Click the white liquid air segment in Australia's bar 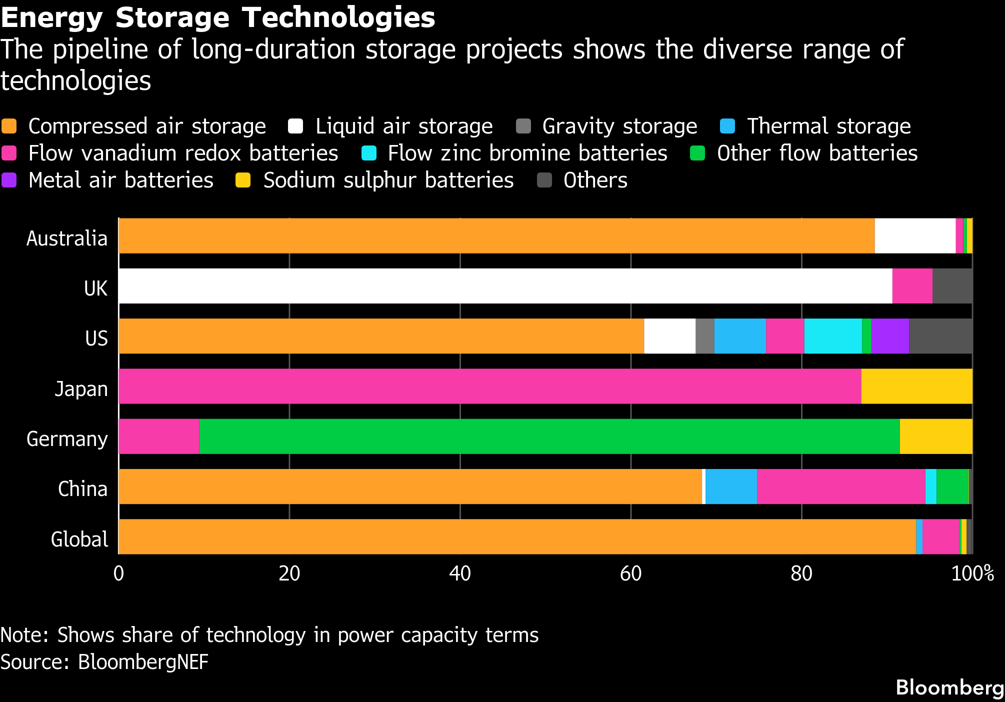click(915, 236)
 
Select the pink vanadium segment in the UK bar click(912, 286)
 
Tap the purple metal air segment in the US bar click(890, 336)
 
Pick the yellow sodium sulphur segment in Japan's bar click(916, 386)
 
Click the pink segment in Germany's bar click(159, 436)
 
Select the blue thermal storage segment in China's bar click(731, 486)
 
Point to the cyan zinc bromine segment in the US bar click(833, 336)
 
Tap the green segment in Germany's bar click(549, 436)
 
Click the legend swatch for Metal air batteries click(9, 180)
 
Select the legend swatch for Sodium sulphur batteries click(243, 180)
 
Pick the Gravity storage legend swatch click(523, 126)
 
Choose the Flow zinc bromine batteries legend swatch click(368, 153)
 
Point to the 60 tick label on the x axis click(630, 573)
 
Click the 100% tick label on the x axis click(972, 573)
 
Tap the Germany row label click(67, 439)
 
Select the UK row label click(95, 288)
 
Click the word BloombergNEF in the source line click(143, 662)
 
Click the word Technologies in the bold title click(339, 18)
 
